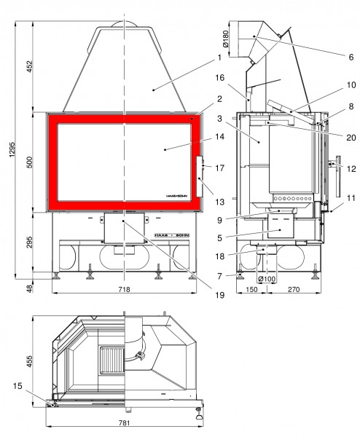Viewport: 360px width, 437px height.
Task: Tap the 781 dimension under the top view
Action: pyautogui.click(x=124, y=423)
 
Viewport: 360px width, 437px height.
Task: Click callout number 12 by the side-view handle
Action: pyautogui.click(x=351, y=169)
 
